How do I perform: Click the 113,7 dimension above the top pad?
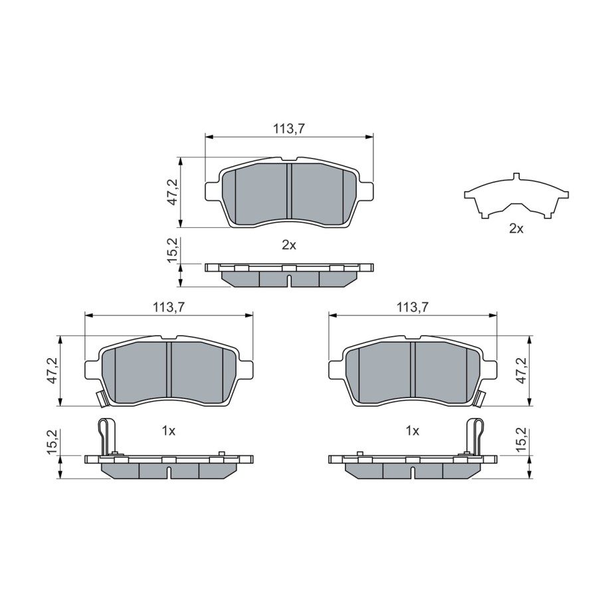(x=289, y=129)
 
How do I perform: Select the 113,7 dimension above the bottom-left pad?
(x=169, y=308)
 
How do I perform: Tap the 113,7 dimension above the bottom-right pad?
(x=412, y=308)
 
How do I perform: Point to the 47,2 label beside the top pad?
(x=172, y=192)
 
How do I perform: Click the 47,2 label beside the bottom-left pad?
(x=52, y=371)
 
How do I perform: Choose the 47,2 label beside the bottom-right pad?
(x=522, y=371)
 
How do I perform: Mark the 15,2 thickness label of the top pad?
(x=172, y=250)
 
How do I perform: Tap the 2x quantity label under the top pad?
(x=289, y=245)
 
